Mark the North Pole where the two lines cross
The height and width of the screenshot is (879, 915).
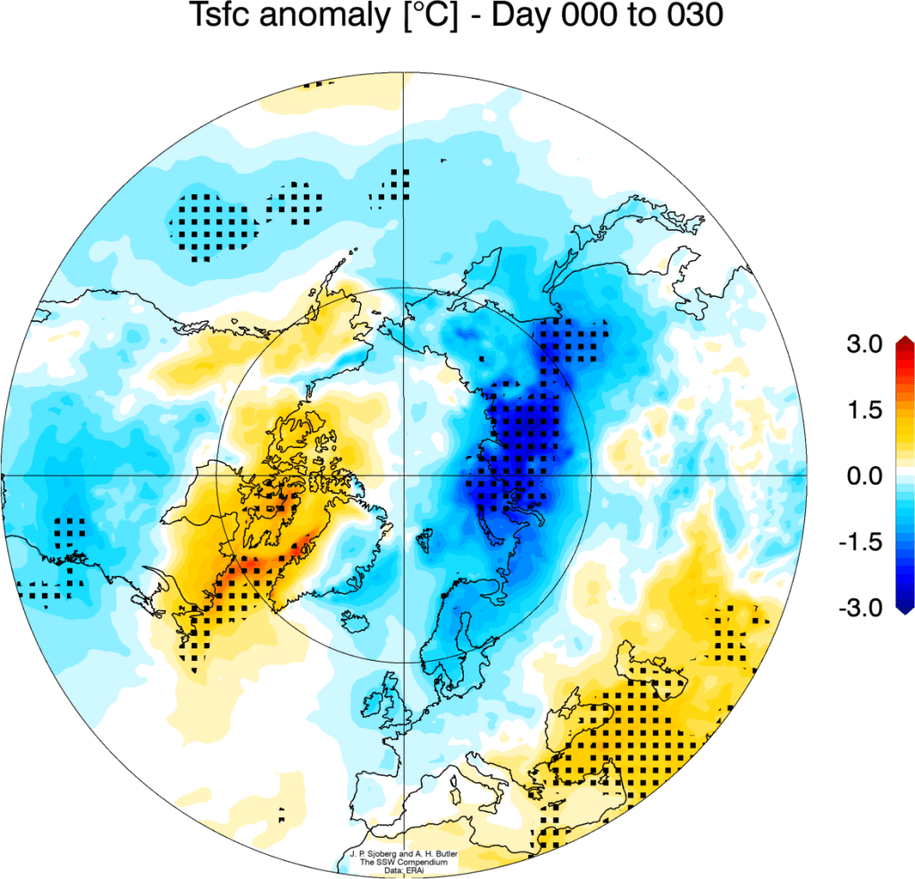point(405,476)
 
